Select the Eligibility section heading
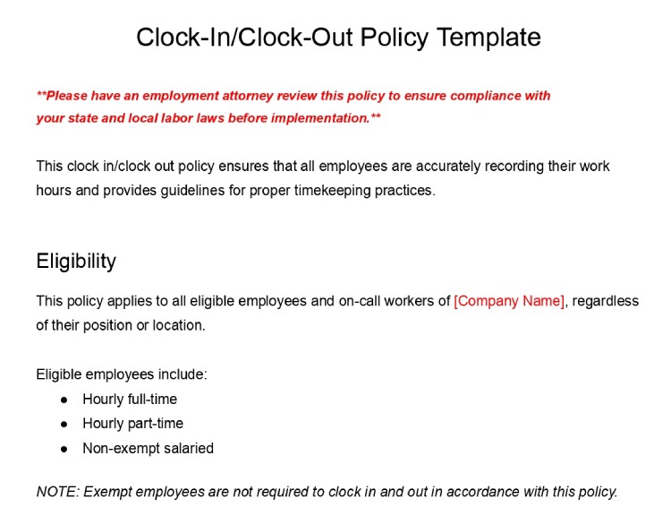point(76,262)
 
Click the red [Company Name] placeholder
point(509,301)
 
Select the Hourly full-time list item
point(130,400)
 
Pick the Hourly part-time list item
point(132,424)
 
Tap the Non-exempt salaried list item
point(148,448)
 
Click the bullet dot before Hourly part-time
point(64,424)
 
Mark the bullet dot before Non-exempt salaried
point(64,448)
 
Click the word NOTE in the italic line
point(55,492)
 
